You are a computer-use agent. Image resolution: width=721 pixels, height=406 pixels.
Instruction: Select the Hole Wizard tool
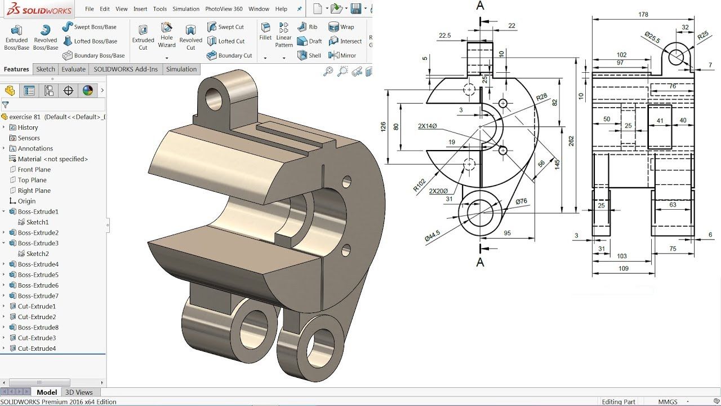(167, 35)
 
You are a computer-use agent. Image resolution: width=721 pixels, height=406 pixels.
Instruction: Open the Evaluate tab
(74, 69)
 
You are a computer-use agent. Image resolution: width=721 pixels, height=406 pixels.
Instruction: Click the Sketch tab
(46, 69)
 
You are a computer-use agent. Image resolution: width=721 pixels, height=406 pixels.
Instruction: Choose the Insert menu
(140, 9)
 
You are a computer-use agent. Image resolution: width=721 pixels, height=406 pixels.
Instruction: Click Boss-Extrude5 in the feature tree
(38, 275)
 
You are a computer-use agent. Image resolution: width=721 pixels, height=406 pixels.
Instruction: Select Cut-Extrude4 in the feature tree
(37, 348)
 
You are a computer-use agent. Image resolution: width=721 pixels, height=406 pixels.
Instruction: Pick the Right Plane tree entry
(34, 191)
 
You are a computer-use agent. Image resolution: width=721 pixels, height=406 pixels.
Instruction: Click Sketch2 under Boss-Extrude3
(37, 254)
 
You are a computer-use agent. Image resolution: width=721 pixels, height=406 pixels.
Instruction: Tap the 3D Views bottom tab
(79, 392)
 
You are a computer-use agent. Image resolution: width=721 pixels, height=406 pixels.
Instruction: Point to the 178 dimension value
(643, 15)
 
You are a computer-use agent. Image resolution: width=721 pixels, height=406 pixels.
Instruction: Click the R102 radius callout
(419, 185)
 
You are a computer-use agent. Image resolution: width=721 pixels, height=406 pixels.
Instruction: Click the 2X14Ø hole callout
(428, 126)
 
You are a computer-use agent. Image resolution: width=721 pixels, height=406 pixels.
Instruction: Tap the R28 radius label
(541, 97)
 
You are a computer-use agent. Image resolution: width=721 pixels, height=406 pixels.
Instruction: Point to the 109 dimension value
(623, 269)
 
